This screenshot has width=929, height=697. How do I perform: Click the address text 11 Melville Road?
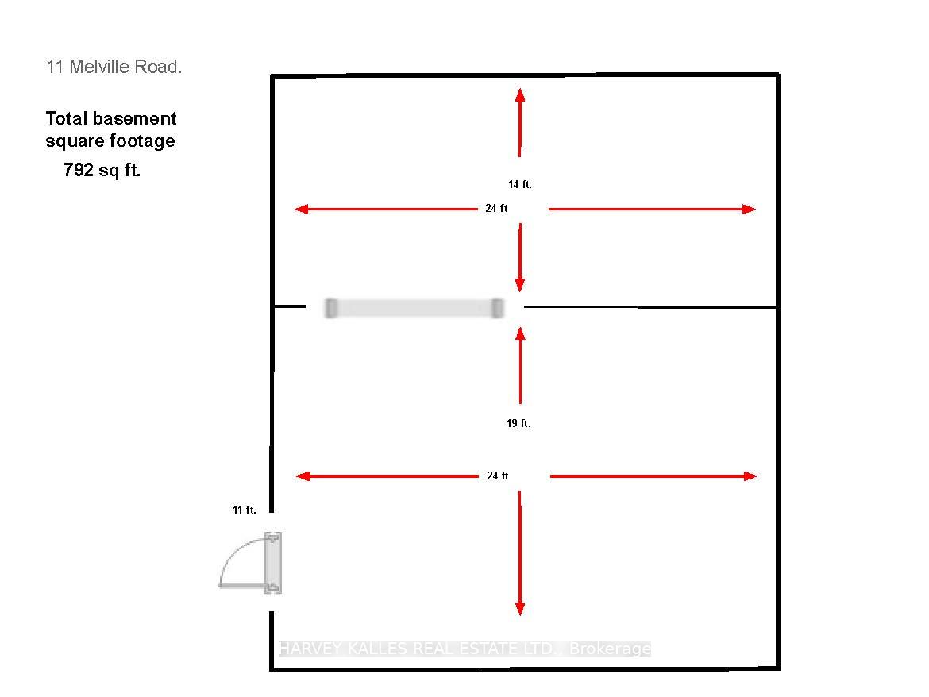[x=114, y=67]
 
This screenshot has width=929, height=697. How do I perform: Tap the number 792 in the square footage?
[x=79, y=170]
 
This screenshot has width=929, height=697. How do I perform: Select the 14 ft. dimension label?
[x=519, y=185]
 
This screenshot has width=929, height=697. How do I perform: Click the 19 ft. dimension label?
[x=518, y=423]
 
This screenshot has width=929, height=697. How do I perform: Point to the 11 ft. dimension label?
[x=244, y=510]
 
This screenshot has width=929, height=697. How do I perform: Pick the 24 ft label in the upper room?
[x=496, y=209]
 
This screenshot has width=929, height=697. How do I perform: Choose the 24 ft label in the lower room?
[x=498, y=476]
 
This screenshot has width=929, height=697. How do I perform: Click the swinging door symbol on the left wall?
[x=251, y=563]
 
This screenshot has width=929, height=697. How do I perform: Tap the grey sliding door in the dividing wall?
[x=414, y=309]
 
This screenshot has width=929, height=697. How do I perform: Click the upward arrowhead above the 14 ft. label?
[x=519, y=94]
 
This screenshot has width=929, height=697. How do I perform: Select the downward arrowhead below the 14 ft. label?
[x=519, y=285]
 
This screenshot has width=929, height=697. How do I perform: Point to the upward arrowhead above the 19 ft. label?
[x=520, y=334]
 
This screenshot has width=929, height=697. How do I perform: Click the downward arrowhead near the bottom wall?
[x=519, y=609]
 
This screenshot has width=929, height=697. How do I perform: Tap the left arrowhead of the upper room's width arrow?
[x=302, y=209]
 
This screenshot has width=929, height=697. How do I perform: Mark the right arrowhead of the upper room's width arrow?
[x=749, y=209]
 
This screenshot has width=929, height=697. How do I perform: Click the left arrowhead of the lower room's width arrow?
[x=303, y=476]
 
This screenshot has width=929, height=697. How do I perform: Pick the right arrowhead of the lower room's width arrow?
[x=750, y=476]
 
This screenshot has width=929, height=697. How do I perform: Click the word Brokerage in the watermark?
[x=610, y=649]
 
